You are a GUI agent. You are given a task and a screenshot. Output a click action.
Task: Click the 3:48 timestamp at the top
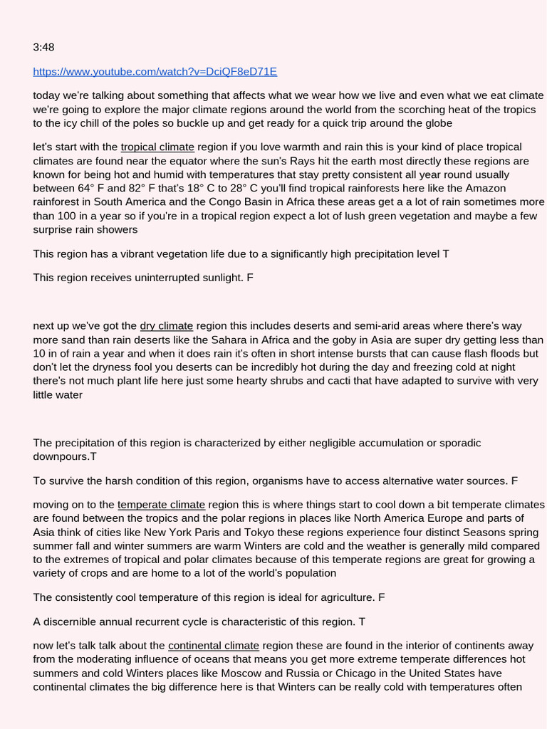(x=43, y=48)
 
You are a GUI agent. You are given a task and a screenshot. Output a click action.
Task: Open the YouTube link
(x=155, y=71)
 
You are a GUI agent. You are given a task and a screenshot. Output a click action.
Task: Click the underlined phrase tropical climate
(x=157, y=147)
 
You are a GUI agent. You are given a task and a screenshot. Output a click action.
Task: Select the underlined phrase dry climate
(x=167, y=326)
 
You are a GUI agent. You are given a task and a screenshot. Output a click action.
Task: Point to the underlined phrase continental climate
(x=214, y=646)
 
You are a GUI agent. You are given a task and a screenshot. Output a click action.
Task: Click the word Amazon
(x=486, y=188)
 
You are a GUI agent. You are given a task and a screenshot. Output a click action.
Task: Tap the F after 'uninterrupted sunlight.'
(x=250, y=277)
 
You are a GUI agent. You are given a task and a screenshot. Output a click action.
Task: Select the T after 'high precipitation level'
(x=445, y=253)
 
